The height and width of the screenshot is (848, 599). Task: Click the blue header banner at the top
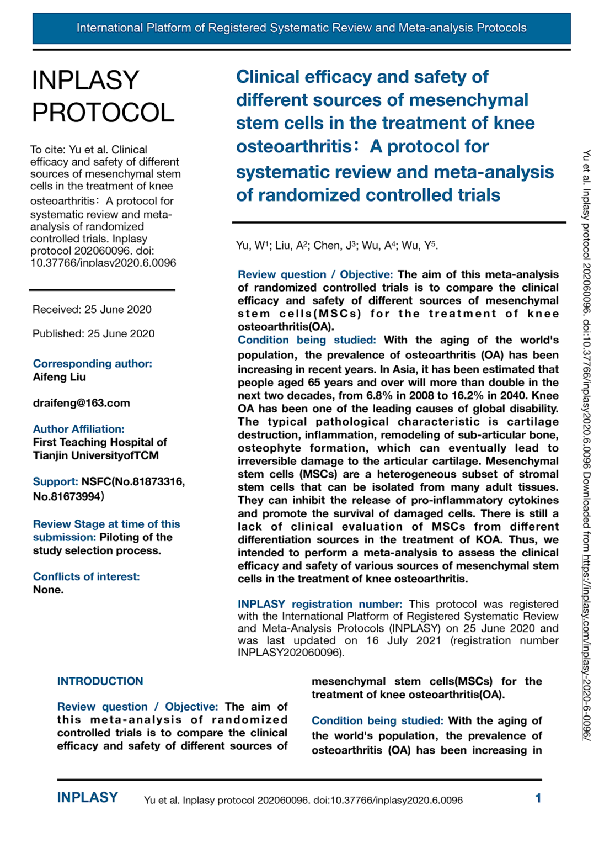click(301, 28)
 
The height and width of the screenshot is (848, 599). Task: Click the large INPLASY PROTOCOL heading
click(103, 97)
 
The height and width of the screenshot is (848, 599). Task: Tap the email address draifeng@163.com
click(82, 403)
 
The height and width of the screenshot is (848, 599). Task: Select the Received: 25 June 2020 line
click(92, 310)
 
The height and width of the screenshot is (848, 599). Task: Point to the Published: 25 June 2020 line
click(94, 333)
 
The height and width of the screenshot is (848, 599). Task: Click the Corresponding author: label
click(92, 364)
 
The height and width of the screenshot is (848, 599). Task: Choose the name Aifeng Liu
click(60, 377)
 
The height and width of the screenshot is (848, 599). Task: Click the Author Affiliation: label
click(78, 429)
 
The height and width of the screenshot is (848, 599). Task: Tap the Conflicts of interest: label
click(86, 576)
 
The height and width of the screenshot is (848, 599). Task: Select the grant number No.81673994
click(67, 496)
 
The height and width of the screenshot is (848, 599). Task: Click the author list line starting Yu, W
click(336, 246)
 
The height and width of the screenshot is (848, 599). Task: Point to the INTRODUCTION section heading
click(100, 681)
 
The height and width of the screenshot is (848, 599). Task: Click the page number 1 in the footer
click(538, 798)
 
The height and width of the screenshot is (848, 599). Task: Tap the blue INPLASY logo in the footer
click(87, 798)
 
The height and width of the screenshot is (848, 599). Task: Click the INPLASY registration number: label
click(320, 604)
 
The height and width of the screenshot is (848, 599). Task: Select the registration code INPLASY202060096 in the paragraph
click(289, 653)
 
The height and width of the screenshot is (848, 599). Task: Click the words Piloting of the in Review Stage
click(136, 537)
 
